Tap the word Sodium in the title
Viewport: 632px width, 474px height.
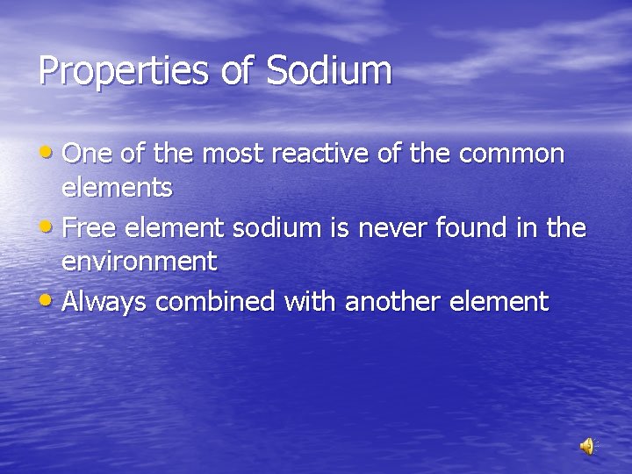point(328,70)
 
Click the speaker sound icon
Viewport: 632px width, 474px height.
point(586,447)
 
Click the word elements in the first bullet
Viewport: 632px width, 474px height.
point(117,186)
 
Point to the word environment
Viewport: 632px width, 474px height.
point(139,261)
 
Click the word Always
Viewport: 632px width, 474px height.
point(105,302)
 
